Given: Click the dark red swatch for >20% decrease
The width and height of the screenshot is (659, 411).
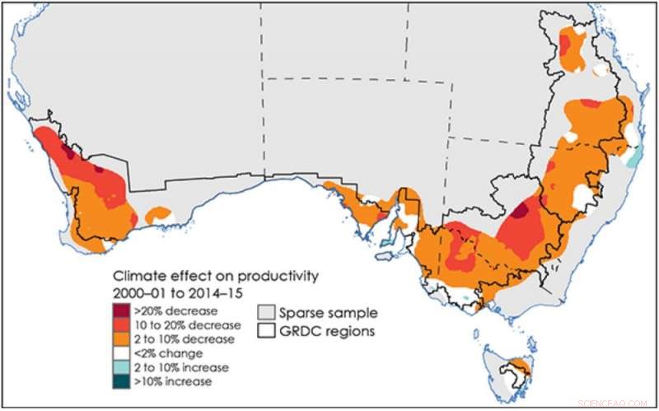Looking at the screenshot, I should (x=122, y=311).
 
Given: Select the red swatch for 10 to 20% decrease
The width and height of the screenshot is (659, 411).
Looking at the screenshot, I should (x=122, y=325).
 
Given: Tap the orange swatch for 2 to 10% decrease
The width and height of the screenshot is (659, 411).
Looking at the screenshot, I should (x=122, y=339).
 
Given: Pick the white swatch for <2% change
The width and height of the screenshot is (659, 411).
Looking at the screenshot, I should (x=122, y=353).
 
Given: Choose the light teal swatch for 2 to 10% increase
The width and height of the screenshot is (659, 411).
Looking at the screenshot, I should (x=122, y=367).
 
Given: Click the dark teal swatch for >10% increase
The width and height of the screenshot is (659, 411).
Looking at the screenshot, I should (x=122, y=381).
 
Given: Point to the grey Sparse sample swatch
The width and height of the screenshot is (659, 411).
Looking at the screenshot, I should (x=265, y=313).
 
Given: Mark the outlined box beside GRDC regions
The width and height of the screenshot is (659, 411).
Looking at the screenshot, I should (x=265, y=331).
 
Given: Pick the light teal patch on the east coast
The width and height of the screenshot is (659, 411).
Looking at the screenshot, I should (x=633, y=156).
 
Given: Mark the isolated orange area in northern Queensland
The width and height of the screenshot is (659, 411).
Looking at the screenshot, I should (x=569, y=49).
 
